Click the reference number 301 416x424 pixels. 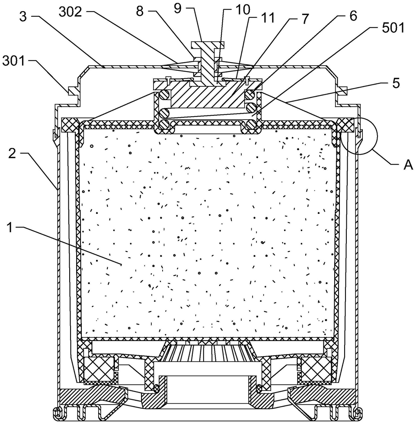tap(13, 61)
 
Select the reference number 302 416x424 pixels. tap(70, 12)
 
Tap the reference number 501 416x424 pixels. tap(393, 28)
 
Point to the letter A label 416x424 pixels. tap(408, 165)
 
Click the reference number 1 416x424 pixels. tap(10, 227)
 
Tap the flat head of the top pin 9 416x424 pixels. tap(208, 44)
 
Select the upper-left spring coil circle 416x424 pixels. tap(165, 95)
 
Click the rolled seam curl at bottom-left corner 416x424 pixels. tap(57, 413)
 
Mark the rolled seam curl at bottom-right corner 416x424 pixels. tap(357, 413)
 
